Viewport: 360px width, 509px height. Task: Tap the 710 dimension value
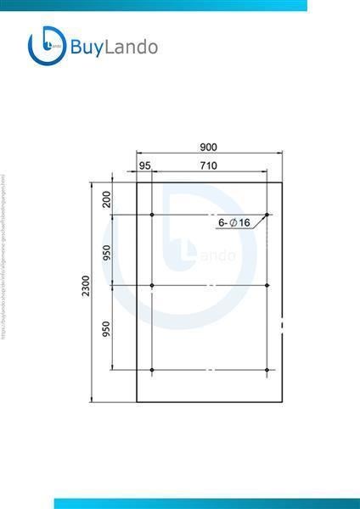(x=208, y=165)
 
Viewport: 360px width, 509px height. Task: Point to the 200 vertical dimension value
(x=106, y=199)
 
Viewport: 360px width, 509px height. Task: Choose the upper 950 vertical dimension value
(x=106, y=252)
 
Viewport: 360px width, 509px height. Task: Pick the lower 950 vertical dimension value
(x=106, y=328)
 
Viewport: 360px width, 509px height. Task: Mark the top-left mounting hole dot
(x=152, y=215)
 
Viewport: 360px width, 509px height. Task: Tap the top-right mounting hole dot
(x=267, y=215)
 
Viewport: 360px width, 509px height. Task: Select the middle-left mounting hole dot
(x=152, y=286)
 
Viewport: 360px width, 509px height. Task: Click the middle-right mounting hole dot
(x=267, y=286)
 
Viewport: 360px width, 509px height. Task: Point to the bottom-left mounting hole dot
(x=152, y=371)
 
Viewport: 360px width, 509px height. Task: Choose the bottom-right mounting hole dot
(x=267, y=371)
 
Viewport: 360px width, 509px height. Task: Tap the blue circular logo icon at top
(x=47, y=47)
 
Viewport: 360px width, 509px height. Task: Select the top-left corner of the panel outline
(x=137, y=181)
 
